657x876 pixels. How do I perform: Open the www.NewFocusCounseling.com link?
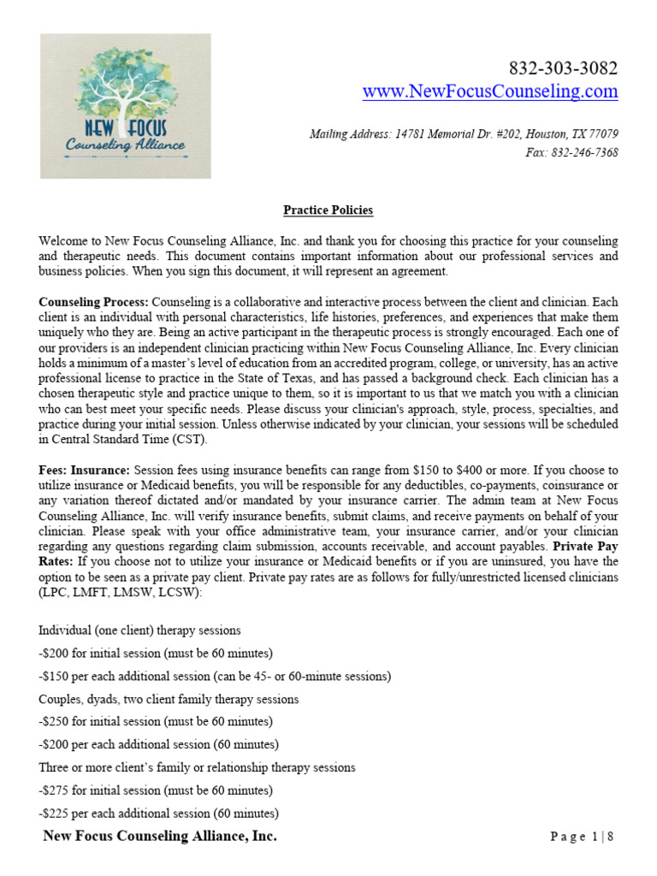[x=489, y=92]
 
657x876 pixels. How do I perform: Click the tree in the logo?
[x=126, y=86]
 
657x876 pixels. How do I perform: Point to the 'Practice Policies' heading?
[x=328, y=210]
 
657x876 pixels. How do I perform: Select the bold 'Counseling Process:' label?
[x=94, y=302]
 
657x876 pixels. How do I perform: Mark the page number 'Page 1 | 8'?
[x=583, y=837]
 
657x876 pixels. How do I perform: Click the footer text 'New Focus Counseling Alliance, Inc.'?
[x=160, y=836]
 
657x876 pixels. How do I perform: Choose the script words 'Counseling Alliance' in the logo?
[x=126, y=145]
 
